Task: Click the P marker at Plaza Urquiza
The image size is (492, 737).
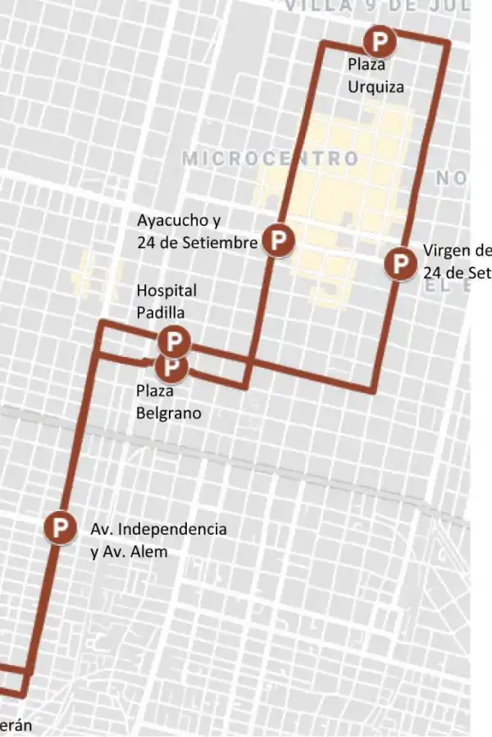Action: pyautogui.click(x=380, y=40)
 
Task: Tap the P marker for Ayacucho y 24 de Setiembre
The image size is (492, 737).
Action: pyautogui.click(x=279, y=240)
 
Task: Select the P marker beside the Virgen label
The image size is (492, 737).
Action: pyautogui.click(x=401, y=264)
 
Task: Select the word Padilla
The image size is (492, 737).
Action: pyautogui.click(x=160, y=312)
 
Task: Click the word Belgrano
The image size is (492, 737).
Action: pyautogui.click(x=168, y=413)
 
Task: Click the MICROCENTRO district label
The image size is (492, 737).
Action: pyautogui.click(x=270, y=158)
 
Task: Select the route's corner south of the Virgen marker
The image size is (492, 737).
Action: pyautogui.click(x=374, y=391)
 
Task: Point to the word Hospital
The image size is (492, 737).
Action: pyautogui.click(x=166, y=290)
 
